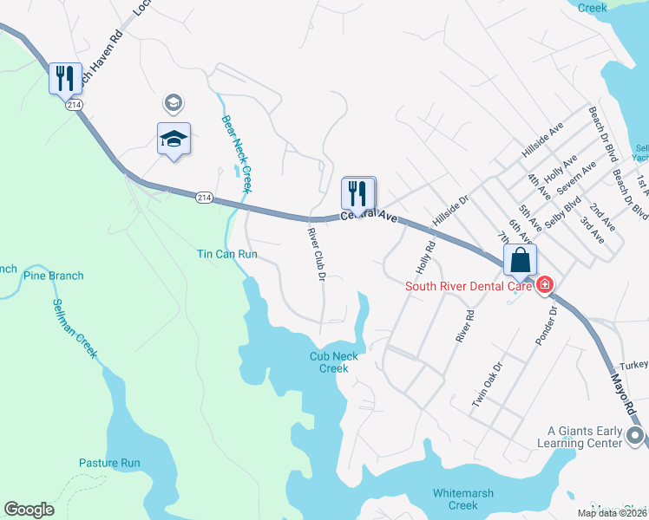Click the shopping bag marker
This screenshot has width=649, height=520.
(520, 259)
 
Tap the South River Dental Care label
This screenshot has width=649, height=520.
(466, 285)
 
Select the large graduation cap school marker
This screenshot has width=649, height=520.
(174, 139)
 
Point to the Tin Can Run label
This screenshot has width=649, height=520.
(227, 255)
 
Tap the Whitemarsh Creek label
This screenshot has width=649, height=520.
(456, 499)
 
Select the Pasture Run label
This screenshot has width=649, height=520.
(109, 463)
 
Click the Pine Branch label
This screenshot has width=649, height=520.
(54, 276)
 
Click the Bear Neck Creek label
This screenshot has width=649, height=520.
(236, 154)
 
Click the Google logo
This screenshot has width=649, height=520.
(29, 510)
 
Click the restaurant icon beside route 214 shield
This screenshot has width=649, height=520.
(65, 79)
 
